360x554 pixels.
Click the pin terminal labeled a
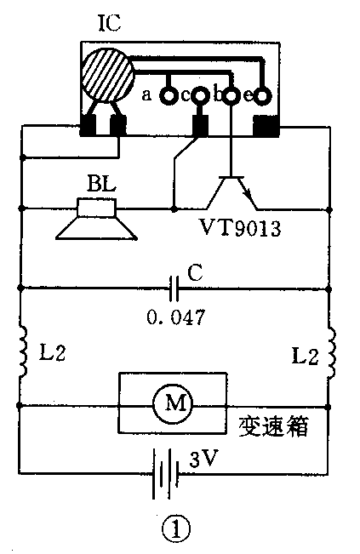tap(168, 95)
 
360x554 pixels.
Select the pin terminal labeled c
tap(201, 95)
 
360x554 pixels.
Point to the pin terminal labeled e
tap(263, 95)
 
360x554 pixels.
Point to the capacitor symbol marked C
tap(174, 287)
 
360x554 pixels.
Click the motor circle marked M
tap(174, 405)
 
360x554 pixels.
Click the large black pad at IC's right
tap(266, 127)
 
